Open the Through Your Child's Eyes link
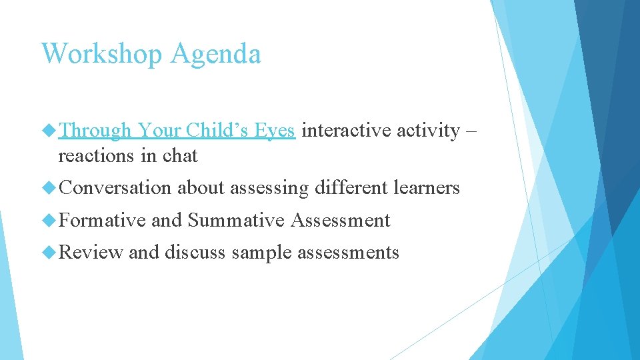tap(177, 131)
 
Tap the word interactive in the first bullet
tap(347, 130)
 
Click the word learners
tap(427, 188)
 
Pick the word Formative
tap(102, 220)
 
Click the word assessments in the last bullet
tap(349, 252)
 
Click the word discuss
tap(195, 252)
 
